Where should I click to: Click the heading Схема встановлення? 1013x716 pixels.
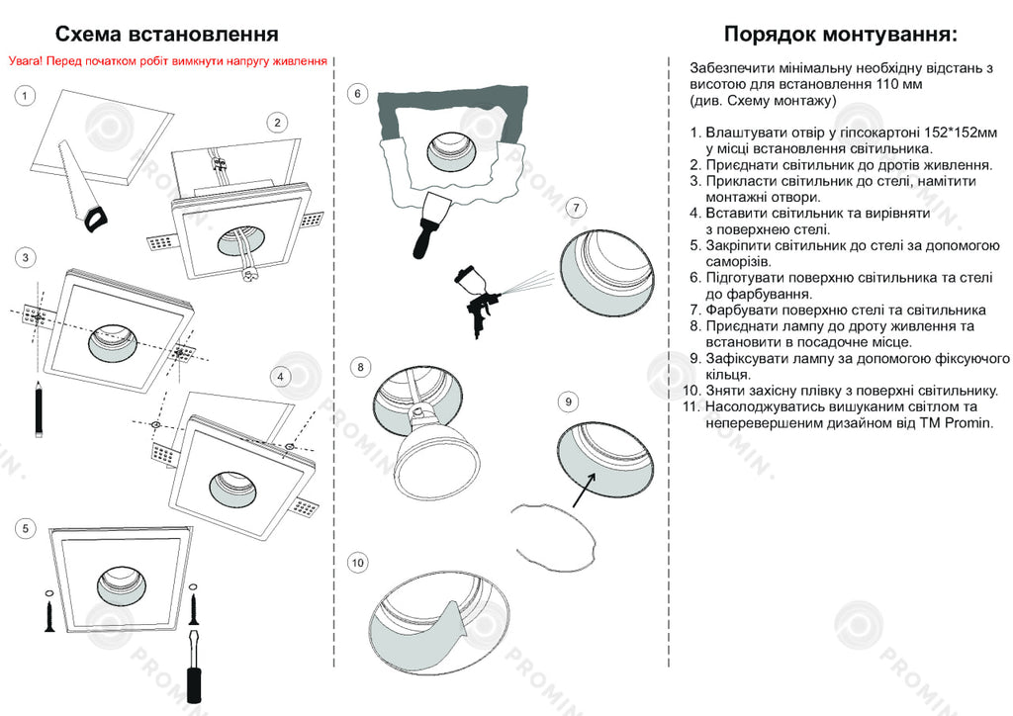pos(166,35)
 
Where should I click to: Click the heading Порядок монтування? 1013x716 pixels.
pos(840,35)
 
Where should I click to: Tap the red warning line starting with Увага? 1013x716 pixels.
pos(167,61)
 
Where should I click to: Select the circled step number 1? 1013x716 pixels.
pos(26,96)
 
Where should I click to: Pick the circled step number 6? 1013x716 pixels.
pos(359,94)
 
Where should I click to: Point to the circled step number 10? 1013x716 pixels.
pos(358,563)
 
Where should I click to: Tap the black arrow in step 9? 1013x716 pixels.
pos(586,487)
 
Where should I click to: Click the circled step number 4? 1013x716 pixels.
pos(281,377)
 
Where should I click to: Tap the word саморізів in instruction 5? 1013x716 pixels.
pos(738,261)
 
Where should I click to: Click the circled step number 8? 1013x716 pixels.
pos(360,367)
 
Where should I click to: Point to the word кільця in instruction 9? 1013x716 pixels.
pos(727,374)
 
